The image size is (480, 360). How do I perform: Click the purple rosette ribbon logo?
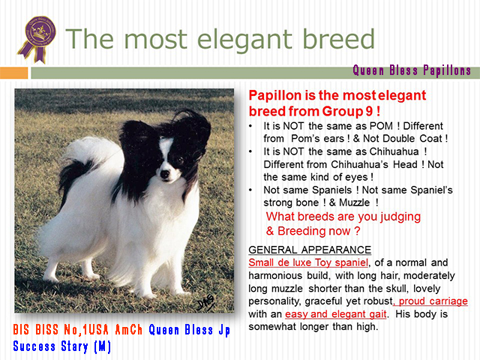tap(37, 39)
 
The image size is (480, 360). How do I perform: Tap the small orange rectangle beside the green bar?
tap(13, 73)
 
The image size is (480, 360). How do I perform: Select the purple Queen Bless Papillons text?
tap(412, 70)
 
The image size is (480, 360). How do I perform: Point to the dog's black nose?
tap(165, 174)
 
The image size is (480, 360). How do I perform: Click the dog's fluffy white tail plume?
tap(91, 153)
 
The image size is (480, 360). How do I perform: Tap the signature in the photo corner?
tap(205, 301)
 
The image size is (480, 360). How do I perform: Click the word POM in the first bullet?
tap(381, 126)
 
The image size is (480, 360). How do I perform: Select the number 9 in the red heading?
tap(369, 111)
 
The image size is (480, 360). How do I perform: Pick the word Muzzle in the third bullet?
tap(355, 202)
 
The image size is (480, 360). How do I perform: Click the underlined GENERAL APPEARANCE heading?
tap(310, 250)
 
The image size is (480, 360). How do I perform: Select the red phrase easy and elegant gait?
tap(335, 314)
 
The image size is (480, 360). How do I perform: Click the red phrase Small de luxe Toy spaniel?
tap(308, 262)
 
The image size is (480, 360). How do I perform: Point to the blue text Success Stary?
tap(50, 346)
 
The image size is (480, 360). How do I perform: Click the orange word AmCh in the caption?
tap(129, 330)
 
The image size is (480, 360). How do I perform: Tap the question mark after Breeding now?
tap(357, 231)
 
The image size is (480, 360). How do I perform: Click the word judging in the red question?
tap(400, 217)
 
